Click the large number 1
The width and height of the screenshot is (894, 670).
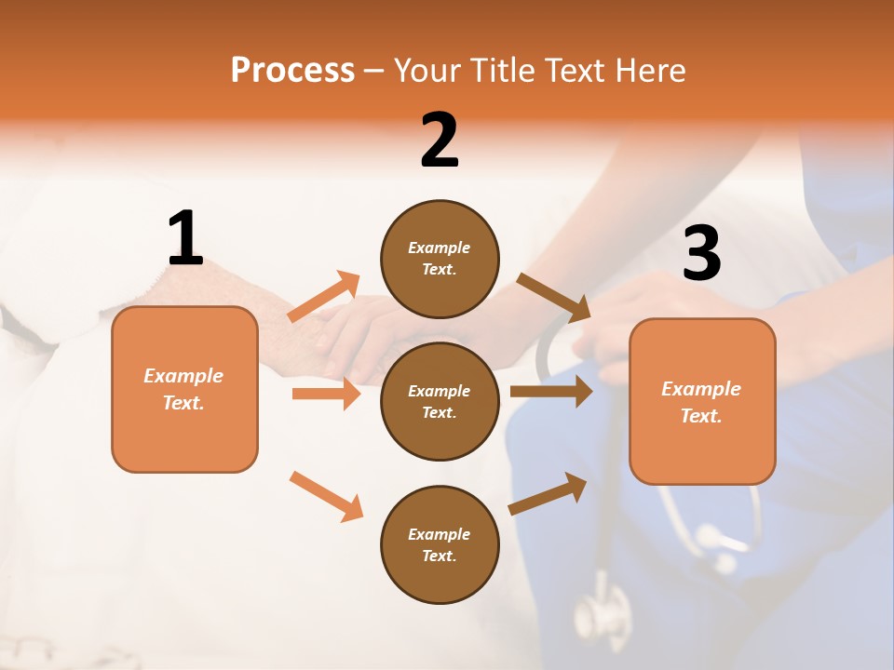(185, 239)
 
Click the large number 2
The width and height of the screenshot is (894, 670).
(440, 141)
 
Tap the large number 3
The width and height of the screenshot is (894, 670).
(701, 254)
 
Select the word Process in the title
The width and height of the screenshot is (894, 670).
(292, 70)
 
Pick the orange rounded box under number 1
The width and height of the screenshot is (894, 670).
(184, 389)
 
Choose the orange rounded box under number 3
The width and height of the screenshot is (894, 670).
(702, 401)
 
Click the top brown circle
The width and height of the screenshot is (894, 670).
(440, 259)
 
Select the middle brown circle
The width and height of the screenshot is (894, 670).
(440, 401)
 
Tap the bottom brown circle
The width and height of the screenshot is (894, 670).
(440, 544)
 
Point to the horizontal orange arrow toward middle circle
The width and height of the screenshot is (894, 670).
(326, 394)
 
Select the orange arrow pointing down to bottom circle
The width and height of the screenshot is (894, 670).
(327, 496)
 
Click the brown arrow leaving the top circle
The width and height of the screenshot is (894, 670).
(553, 296)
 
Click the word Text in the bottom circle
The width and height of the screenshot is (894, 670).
(439, 556)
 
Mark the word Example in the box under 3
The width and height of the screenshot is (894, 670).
(701, 389)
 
